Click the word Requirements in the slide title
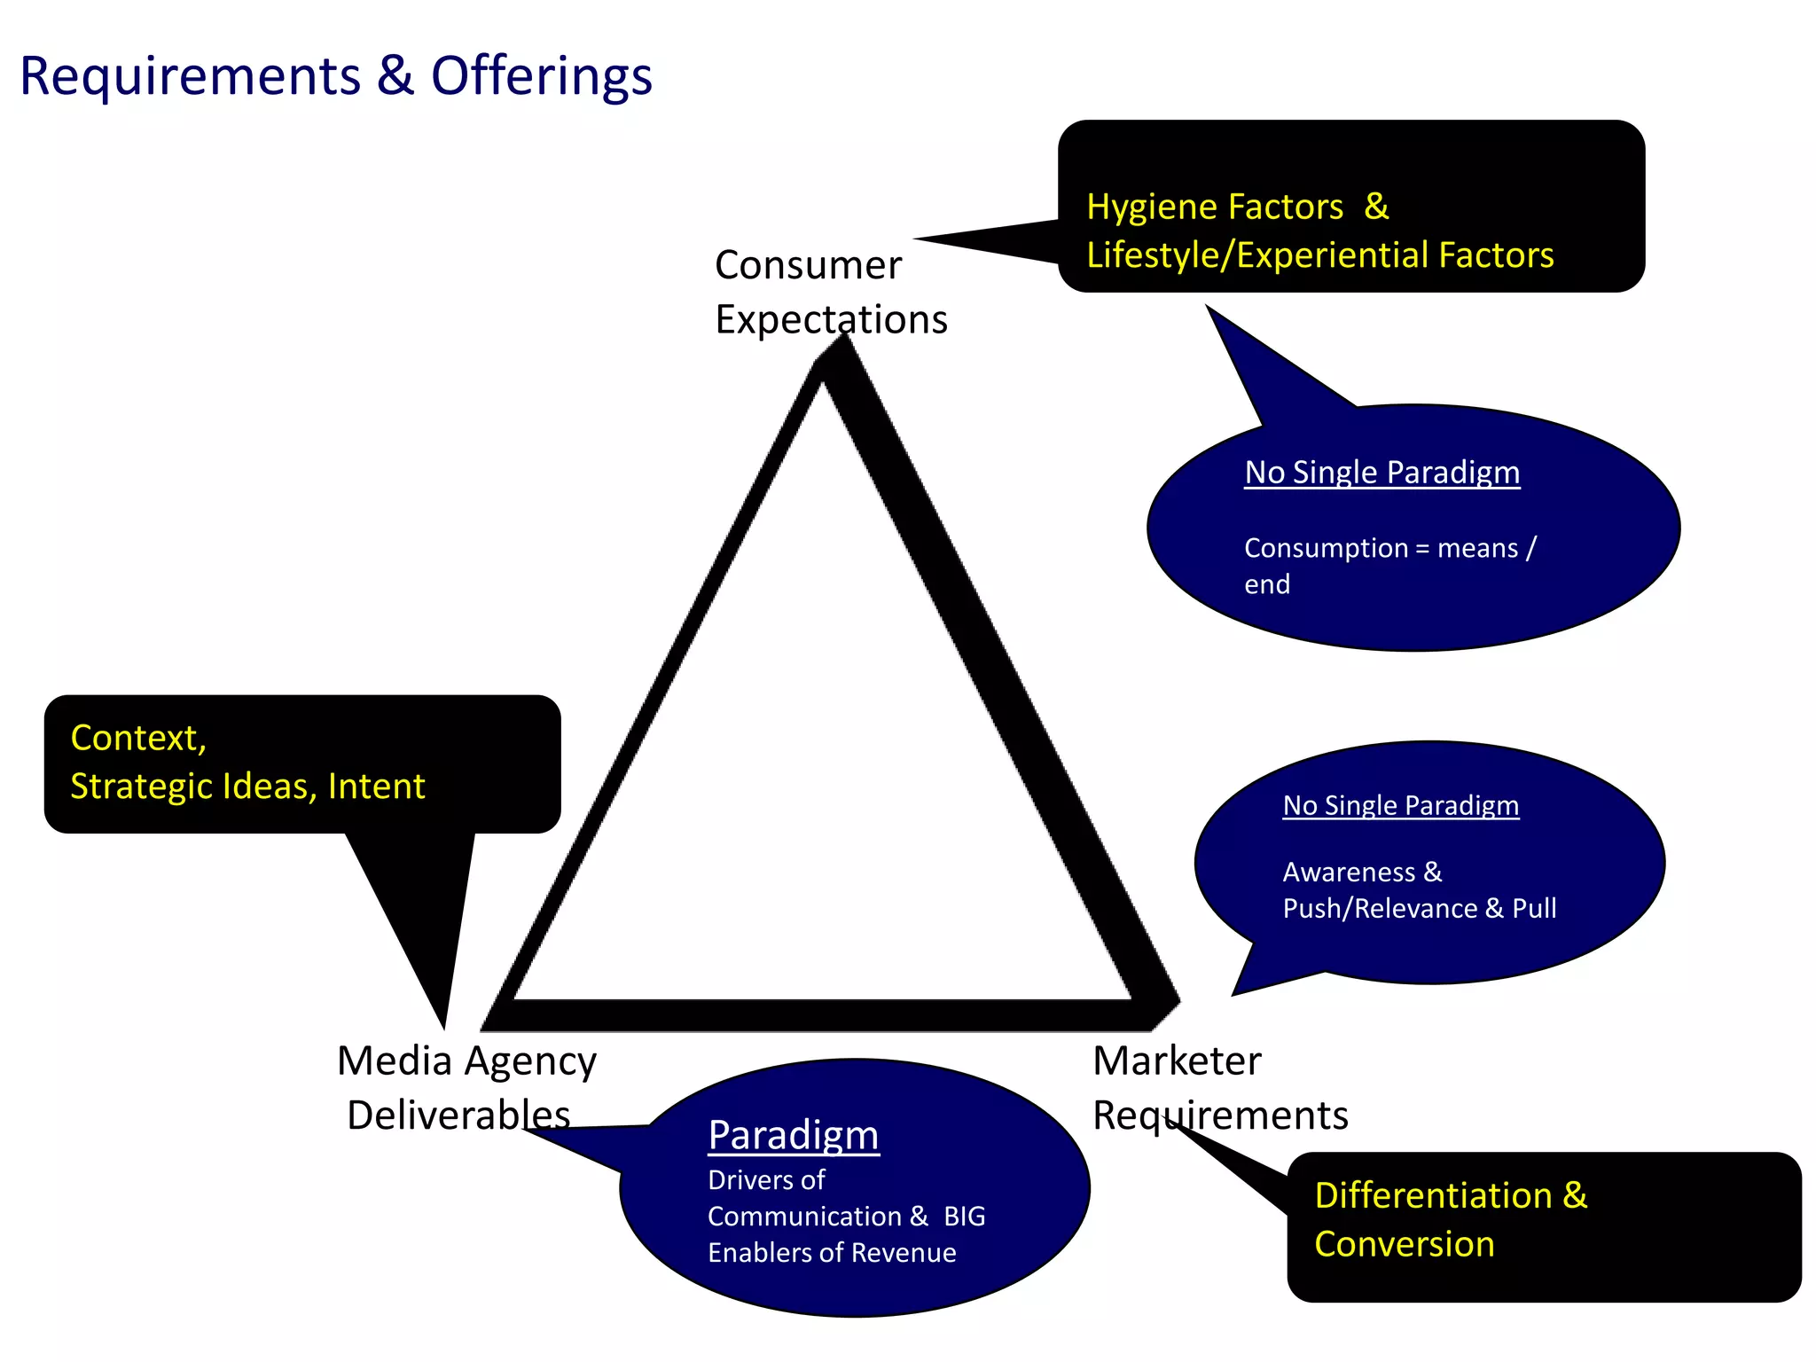(190, 76)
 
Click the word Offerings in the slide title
(541, 76)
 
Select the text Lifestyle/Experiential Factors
(1319, 255)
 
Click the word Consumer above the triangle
(808, 265)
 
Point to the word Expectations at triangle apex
(831, 319)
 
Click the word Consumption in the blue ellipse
(1325, 548)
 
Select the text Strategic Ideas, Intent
(247, 787)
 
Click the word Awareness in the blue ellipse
(1349, 873)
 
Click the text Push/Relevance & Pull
(1419, 909)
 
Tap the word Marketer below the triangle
(1177, 1061)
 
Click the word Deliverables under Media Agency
(458, 1115)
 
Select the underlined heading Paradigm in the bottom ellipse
(793, 1136)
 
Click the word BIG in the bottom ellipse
(964, 1217)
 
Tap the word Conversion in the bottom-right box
(1404, 1245)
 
